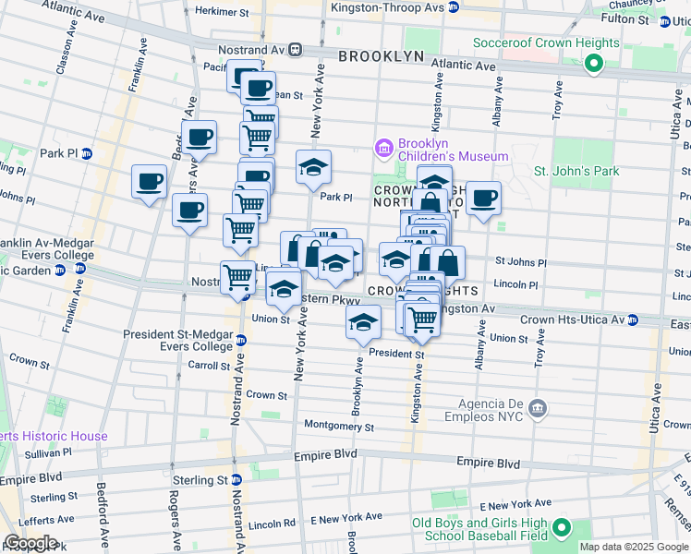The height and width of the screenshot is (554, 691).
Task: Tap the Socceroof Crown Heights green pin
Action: tap(594, 64)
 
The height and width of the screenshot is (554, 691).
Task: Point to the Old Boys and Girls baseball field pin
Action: tap(560, 529)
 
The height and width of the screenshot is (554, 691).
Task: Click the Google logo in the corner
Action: tap(30, 543)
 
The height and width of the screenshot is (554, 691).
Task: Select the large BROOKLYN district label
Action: tap(381, 56)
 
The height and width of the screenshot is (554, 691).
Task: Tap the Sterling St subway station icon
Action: tap(236, 480)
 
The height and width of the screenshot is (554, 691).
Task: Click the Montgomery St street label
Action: tap(338, 428)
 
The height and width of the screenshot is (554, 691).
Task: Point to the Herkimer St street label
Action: tap(219, 10)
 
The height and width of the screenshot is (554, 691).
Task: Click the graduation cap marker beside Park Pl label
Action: tap(314, 168)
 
